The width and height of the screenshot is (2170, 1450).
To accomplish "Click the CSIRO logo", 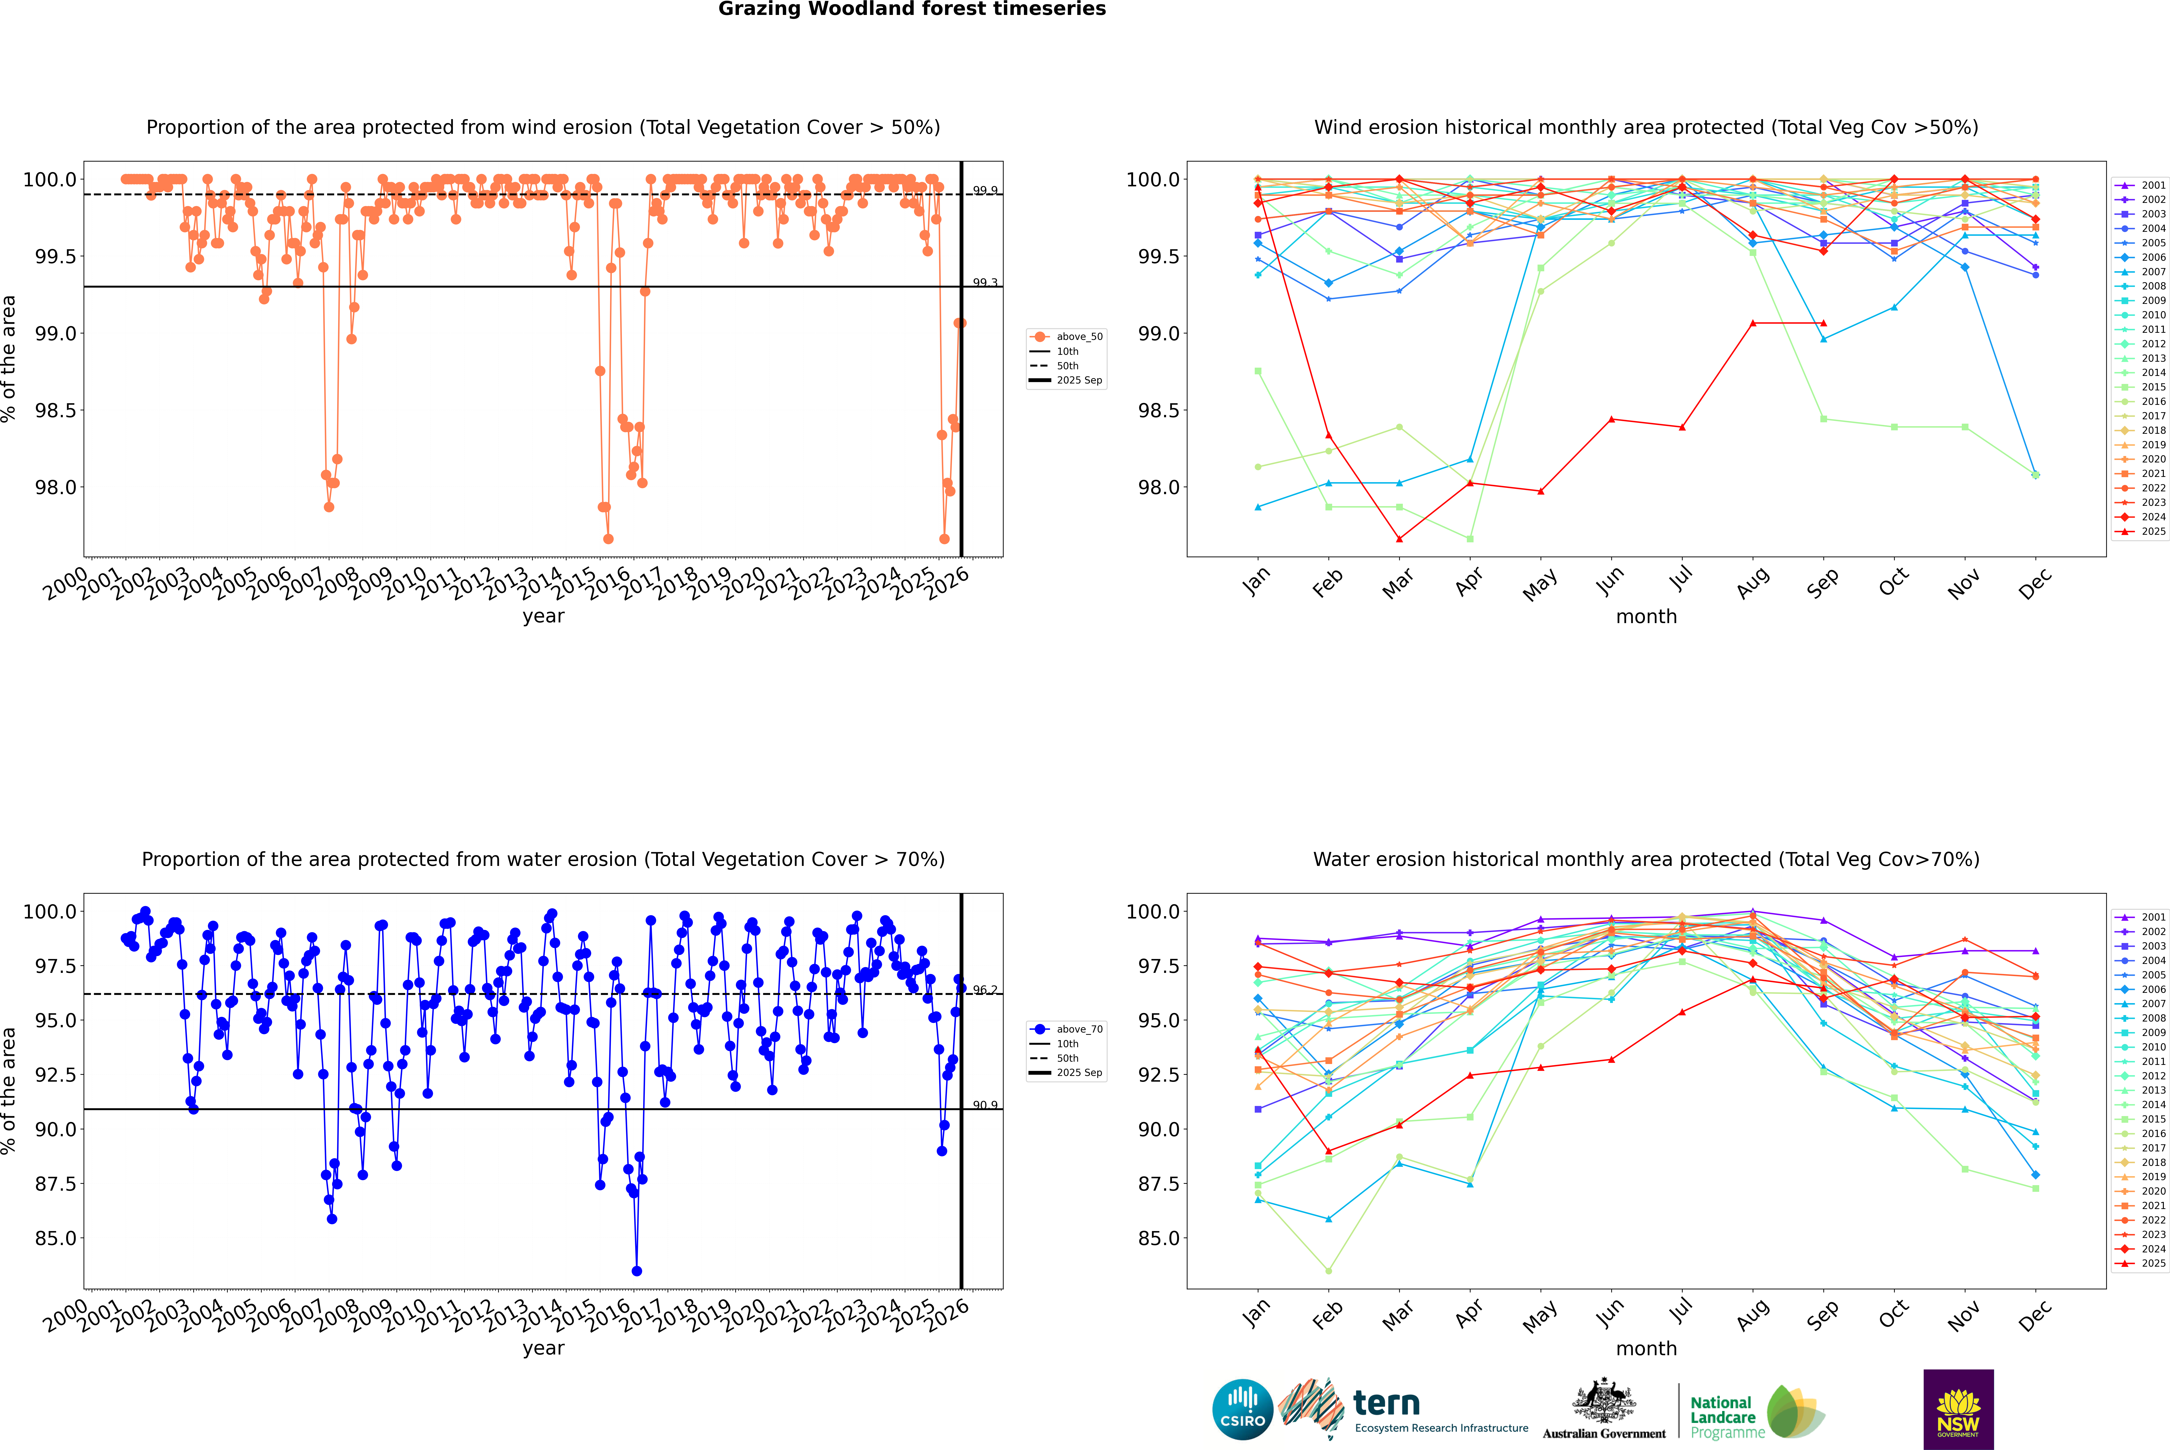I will (x=1242, y=1409).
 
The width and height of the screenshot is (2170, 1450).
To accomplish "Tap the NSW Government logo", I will (x=1958, y=1409).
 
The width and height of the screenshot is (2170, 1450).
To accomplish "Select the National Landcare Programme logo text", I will (x=1722, y=1417).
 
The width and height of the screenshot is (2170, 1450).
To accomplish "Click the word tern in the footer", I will (x=1386, y=1403).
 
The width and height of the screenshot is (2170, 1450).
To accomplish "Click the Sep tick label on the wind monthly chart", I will (x=1822, y=582).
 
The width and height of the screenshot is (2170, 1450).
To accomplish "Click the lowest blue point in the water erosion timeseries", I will (x=636, y=1271).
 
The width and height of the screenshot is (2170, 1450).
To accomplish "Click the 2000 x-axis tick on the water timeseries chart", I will (x=65, y=1316).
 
